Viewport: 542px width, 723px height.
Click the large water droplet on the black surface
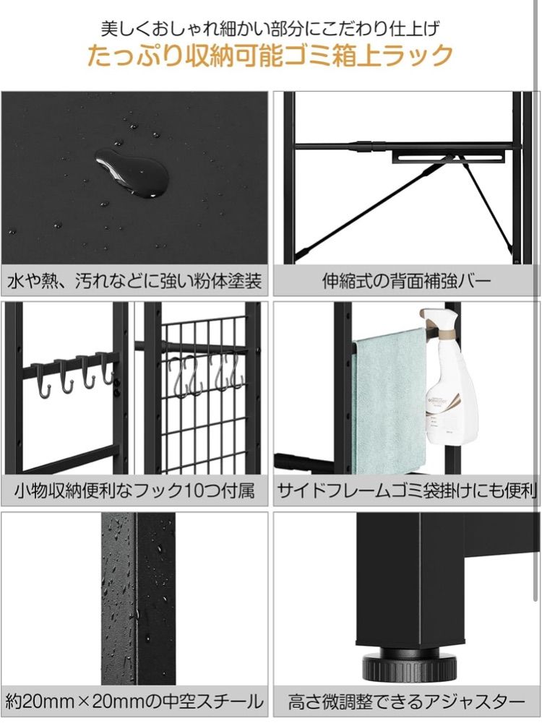coord(132,173)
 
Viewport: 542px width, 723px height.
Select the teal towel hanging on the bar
coord(390,401)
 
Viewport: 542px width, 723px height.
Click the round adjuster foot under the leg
coord(409,667)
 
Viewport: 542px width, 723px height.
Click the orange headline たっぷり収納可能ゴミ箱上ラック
coord(270,56)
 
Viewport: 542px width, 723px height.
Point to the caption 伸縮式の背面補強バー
coord(406,280)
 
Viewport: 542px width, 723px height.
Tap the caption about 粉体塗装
coord(134,280)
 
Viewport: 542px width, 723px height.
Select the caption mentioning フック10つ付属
coord(134,490)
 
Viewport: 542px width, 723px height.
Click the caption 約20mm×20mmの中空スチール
coord(134,701)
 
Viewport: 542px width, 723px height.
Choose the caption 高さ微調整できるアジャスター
coord(406,701)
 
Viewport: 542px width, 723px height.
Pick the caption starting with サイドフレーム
coord(407,490)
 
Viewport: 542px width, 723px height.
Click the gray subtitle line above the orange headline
coord(270,28)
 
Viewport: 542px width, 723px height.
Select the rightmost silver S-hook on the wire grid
coord(236,371)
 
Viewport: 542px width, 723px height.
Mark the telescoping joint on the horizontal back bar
coord(364,146)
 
